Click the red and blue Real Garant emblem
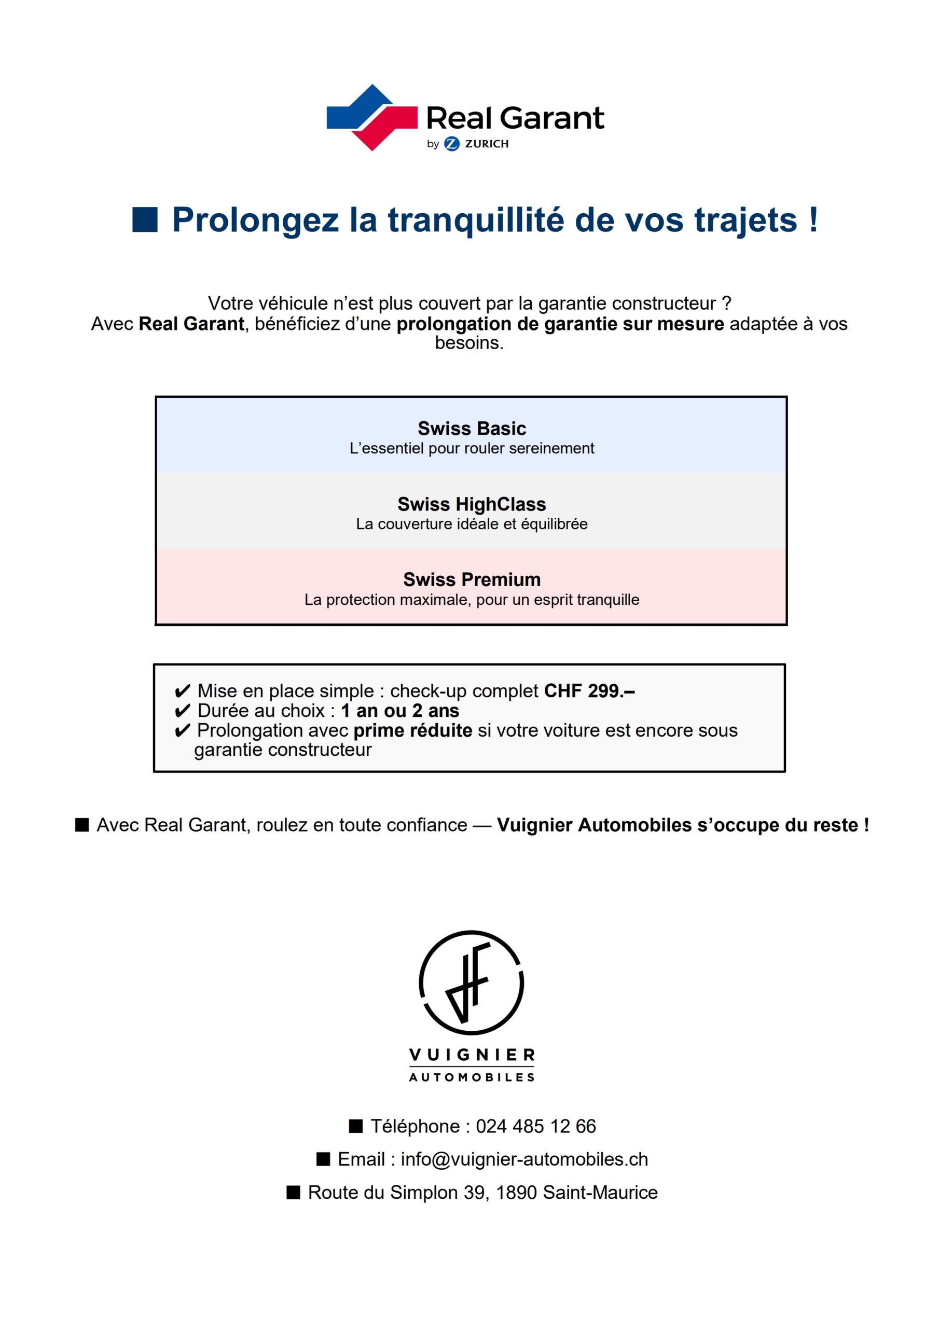click(371, 117)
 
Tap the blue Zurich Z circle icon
click(451, 144)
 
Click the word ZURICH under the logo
click(487, 144)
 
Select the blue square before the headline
click(145, 220)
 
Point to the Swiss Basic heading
click(472, 428)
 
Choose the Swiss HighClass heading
click(472, 504)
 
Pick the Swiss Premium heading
click(472, 579)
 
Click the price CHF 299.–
click(589, 690)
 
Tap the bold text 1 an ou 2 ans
click(400, 710)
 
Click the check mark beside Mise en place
click(182, 691)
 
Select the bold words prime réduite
click(412, 730)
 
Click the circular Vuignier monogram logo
click(471, 982)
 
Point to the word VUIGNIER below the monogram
click(472, 1055)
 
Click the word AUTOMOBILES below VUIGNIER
click(472, 1077)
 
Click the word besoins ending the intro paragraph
click(468, 343)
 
